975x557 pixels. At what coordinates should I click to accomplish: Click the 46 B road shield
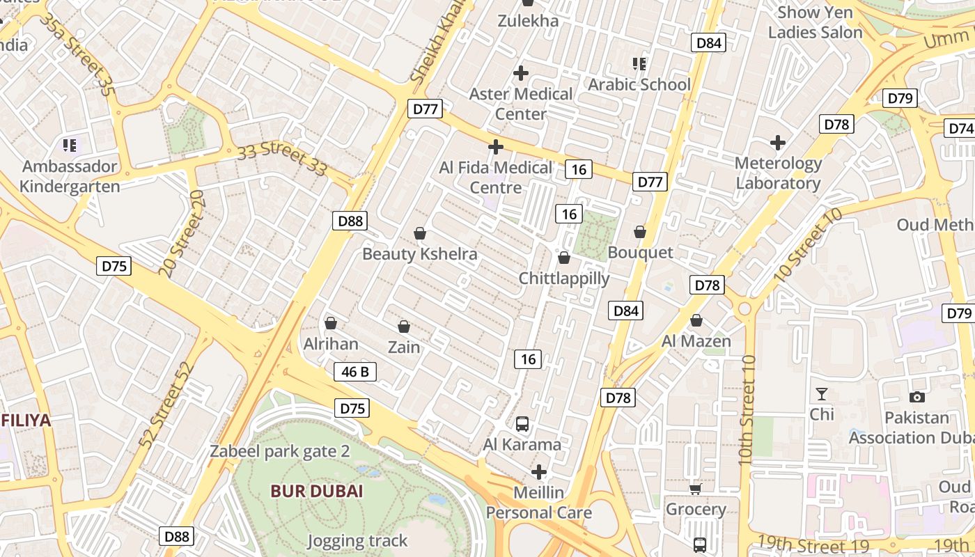355,372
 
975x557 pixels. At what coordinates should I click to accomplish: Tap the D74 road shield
960,128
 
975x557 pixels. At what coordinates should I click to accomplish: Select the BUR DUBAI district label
317,491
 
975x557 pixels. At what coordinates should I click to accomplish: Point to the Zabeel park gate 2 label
280,451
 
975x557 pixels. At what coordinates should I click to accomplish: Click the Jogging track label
357,540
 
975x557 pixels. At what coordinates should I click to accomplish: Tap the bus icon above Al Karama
522,423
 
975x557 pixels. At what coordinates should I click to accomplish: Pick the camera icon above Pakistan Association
917,397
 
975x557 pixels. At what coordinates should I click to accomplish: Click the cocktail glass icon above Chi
822,394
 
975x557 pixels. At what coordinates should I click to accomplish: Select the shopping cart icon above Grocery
695,489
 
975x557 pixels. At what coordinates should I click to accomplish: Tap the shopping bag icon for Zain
404,327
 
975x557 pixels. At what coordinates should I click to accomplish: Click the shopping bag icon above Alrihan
331,324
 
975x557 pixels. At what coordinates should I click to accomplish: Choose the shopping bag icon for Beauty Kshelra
420,233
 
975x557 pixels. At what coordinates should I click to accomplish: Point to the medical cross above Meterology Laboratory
778,143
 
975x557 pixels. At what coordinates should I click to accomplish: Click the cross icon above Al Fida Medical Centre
496,147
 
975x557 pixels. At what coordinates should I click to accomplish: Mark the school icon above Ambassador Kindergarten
70,146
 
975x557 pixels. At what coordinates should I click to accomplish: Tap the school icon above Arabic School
639,64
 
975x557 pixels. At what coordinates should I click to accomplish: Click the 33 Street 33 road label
282,160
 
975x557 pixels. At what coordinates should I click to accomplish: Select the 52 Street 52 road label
165,405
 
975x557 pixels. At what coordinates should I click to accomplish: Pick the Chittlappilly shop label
564,278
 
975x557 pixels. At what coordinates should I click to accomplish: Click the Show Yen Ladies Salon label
815,22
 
